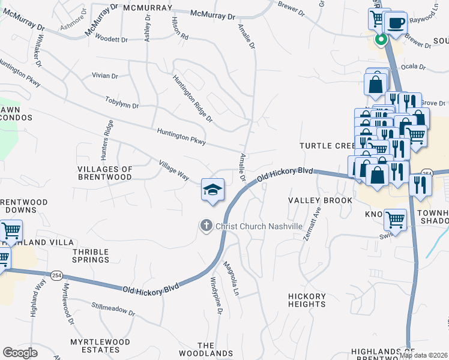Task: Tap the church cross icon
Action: [x=206, y=226]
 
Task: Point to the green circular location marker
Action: [x=381, y=40]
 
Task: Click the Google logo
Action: [x=20, y=352]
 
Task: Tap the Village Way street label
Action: [x=174, y=170]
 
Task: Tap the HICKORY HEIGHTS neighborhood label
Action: [x=307, y=300]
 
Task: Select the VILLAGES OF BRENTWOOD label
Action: [x=104, y=173]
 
